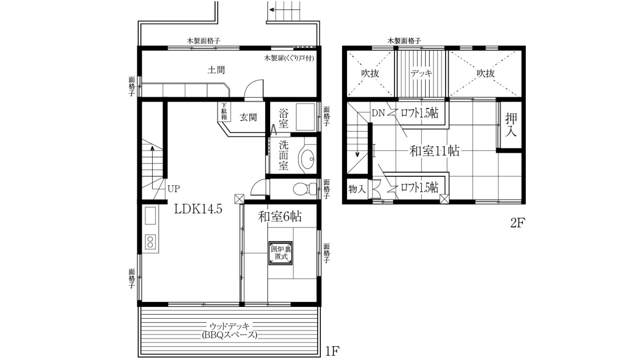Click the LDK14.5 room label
tap(198, 209)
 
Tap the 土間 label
tap(216, 70)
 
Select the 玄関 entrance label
tap(248, 117)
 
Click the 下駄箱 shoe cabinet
tap(224, 112)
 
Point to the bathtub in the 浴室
tap(305, 117)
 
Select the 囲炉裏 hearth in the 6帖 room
tap(280, 253)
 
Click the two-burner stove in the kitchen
tap(150, 242)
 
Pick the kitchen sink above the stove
tap(150, 215)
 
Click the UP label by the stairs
tap(174, 189)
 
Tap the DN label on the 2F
tap(378, 113)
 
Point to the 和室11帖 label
tap(434, 151)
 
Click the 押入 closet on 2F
tap(511, 125)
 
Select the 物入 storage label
tap(357, 189)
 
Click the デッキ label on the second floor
tap(421, 73)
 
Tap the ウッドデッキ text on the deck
tap(229, 326)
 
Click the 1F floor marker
tap(332, 351)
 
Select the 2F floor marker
tap(517, 223)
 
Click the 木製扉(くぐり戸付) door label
tap(289, 58)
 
